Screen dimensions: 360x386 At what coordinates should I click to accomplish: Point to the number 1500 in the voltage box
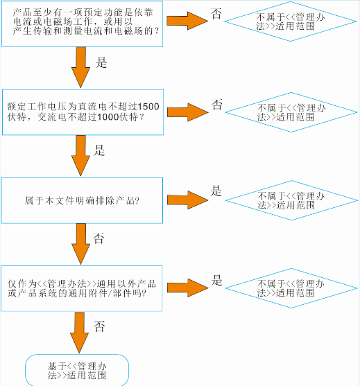(x=148, y=107)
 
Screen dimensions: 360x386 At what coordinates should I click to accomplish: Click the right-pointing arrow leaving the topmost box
(x=187, y=21)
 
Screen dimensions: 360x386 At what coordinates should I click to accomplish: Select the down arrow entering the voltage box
(x=81, y=67)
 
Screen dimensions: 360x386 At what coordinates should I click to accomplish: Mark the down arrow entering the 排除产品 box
(x=81, y=156)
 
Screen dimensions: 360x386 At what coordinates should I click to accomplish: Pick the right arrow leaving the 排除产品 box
(x=188, y=200)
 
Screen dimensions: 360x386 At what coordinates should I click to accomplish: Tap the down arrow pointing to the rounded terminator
(x=79, y=333)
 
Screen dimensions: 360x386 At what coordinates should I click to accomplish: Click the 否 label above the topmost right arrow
(x=216, y=14)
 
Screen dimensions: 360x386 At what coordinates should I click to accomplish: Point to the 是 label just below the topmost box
(x=101, y=62)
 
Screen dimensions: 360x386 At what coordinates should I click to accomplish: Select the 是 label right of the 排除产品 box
(x=216, y=191)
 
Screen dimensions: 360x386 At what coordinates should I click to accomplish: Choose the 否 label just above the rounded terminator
(x=99, y=326)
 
